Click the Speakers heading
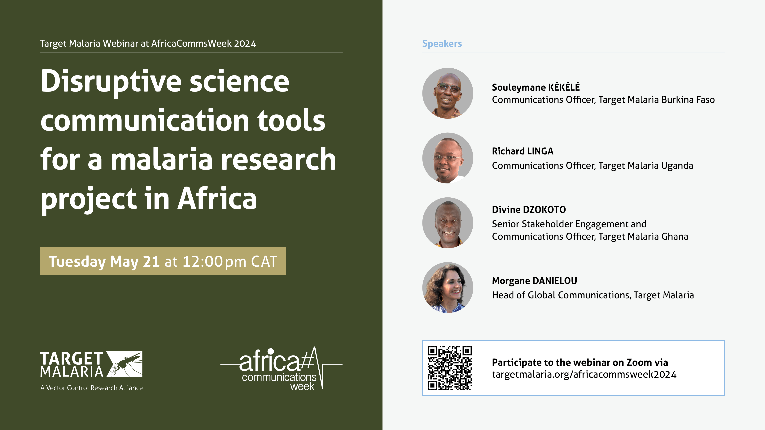pyautogui.click(x=442, y=44)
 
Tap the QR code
pyautogui.click(x=450, y=368)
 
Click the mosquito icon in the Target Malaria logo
pyautogui.click(x=125, y=364)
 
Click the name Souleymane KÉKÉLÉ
pyautogui.click(x=536, y=87)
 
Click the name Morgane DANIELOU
pyautogui.click(x=534, y=281)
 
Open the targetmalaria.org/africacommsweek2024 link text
pyautogui.click(x=584, y=375)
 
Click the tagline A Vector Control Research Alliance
pyautogui.click(x=91, y=388)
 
